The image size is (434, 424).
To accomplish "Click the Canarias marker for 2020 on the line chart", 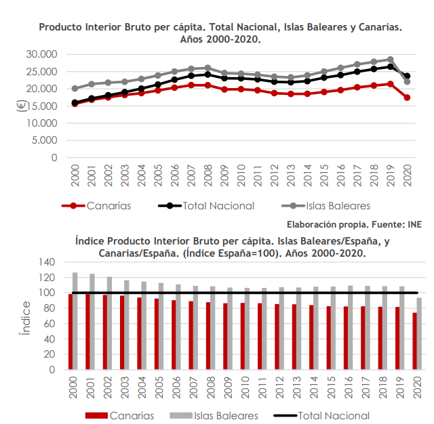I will [407, 98].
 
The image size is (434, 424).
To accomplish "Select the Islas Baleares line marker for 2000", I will [75, 89].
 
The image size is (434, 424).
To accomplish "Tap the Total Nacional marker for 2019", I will [390, 66].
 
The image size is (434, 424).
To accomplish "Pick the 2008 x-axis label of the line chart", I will [208, 173].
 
